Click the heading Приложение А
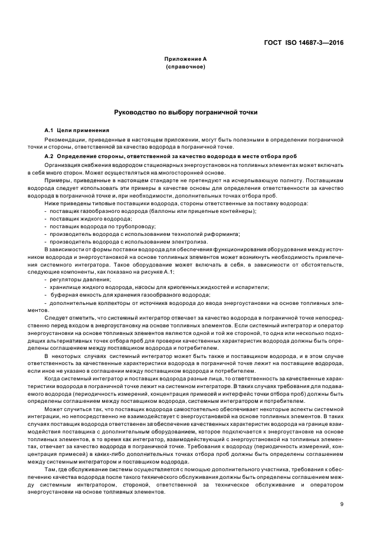pyautogui.click(x=185, y=59)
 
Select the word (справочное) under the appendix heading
pyautogui.click(x=185, y=67)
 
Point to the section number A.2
pyautogui.click(x=50, y=156)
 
